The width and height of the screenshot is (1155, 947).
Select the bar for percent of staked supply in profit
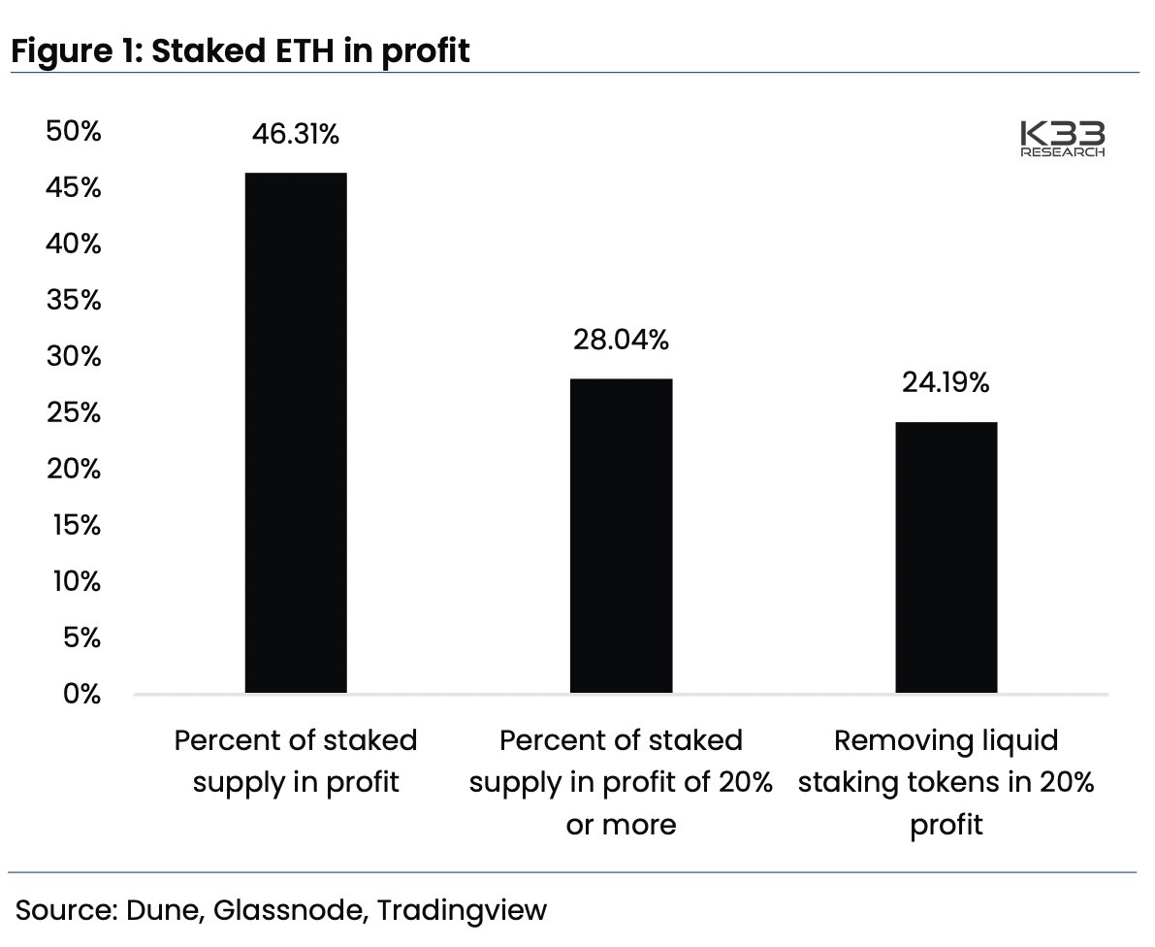296,433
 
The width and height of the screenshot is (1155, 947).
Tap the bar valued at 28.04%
621,536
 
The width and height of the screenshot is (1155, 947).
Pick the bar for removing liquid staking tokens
946,557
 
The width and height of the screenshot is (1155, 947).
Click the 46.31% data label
296,135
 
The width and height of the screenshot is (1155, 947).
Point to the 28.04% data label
621,341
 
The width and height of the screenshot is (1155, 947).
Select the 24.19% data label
946,383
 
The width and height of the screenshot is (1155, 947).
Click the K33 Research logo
1062,140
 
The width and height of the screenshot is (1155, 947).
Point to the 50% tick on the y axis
74,132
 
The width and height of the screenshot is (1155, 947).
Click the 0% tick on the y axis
81,695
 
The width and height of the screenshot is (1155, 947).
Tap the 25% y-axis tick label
74,413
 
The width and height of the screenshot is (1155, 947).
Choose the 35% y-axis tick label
74,301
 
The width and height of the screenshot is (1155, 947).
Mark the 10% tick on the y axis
74,582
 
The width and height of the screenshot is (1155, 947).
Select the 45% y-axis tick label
74,188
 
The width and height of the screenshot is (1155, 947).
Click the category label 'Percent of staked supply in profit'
296,762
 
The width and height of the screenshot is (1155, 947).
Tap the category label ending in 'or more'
621,782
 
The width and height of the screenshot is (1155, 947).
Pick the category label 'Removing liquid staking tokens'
946,782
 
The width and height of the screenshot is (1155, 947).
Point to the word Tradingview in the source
462,911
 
